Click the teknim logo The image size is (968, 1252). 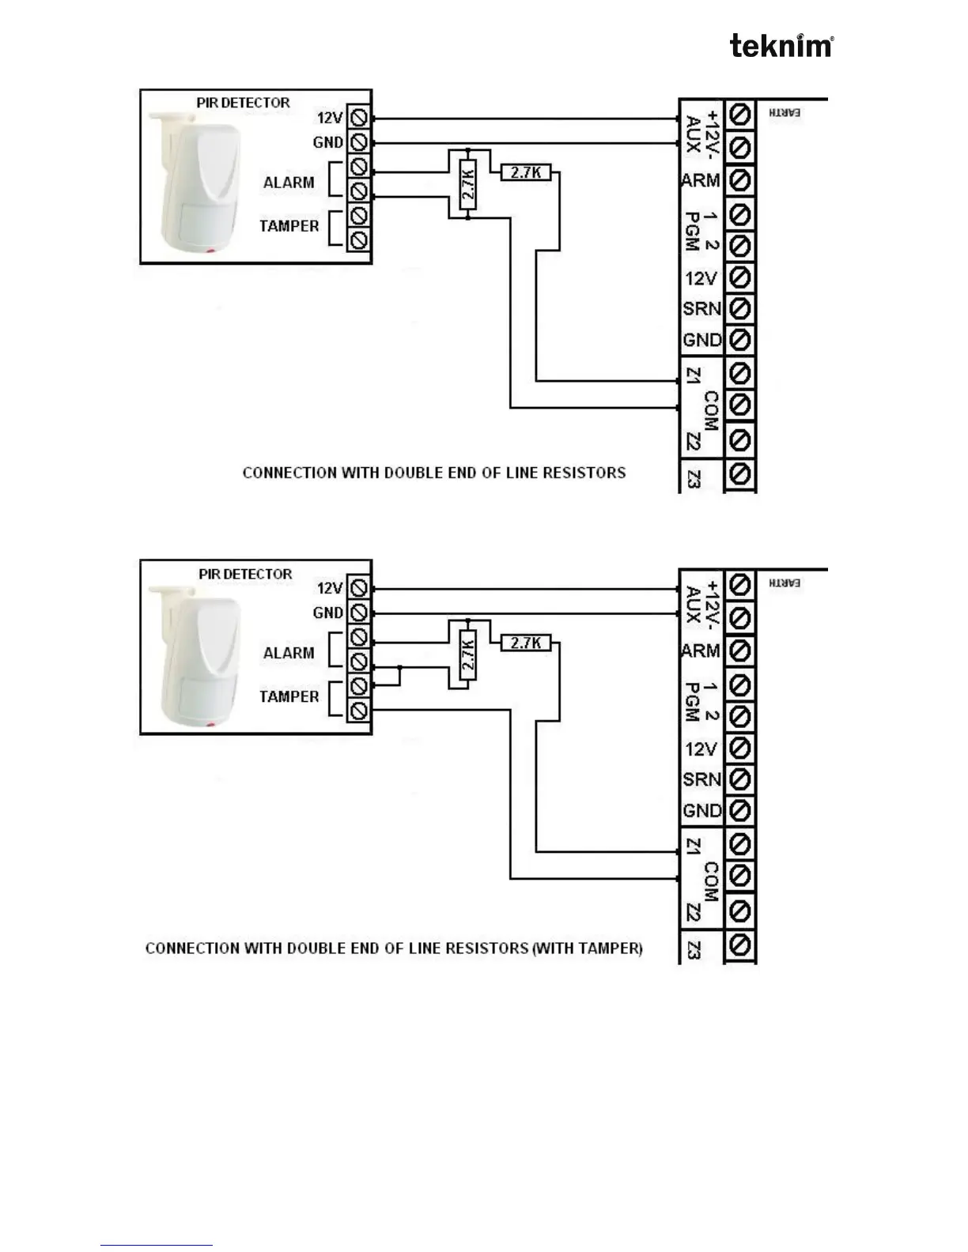[781, 46]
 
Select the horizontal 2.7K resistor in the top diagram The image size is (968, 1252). [526, 172]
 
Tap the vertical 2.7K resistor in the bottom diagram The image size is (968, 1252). [467, 654]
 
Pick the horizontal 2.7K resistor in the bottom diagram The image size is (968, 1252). [526, 643]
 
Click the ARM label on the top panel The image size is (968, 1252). [701, 180]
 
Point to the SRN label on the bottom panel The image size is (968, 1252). [702, 779]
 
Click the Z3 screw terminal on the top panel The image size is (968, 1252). [739, 475]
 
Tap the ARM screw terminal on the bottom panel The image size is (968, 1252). [739, 651]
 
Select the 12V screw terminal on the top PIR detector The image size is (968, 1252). [359, 118]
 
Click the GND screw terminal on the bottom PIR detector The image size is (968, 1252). [359, 613]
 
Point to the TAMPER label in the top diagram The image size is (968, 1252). [289, 226]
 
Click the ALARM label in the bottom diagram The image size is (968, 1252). [289, 653]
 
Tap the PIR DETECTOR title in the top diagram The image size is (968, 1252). [243, 103]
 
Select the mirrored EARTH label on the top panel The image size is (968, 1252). [785, 113]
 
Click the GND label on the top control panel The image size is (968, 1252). [702, 340]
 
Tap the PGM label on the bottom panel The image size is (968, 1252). [691, 702]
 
